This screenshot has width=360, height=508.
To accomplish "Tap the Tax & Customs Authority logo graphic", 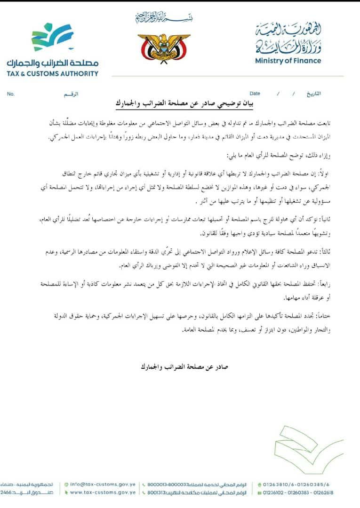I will [52, 37].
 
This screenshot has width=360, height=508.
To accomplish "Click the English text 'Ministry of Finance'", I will [288, 61].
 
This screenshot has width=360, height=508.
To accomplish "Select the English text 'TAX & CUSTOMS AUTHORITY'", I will [52, 73].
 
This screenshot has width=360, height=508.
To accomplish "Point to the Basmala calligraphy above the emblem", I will [163, 18].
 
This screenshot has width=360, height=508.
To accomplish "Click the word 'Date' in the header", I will [255, 94].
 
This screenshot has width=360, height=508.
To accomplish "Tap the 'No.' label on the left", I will [11, 94].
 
